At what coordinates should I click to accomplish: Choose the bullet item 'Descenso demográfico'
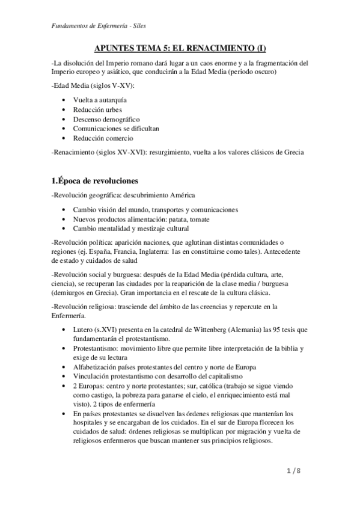click(x=106, y=119)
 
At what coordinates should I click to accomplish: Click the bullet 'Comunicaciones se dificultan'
click(x=116, y=129)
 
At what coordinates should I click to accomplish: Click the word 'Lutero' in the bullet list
click(x=83, y=330)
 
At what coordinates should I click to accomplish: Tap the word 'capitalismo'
click(x=233, y=375)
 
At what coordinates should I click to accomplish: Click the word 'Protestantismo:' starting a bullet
click(x=99, y=348)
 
